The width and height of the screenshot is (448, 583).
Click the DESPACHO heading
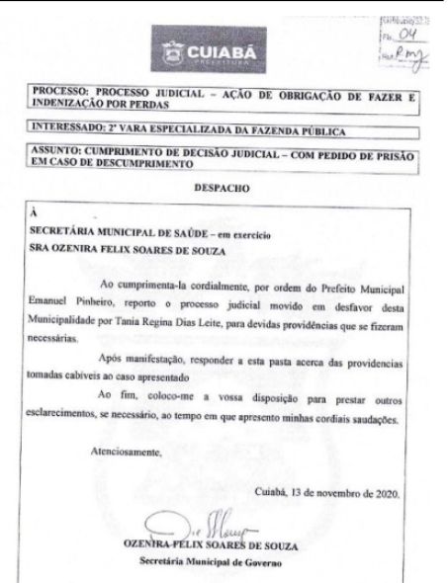[223, 185]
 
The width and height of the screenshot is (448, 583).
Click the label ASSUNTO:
[57, 154]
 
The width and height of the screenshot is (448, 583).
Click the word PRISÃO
[406, 154]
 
